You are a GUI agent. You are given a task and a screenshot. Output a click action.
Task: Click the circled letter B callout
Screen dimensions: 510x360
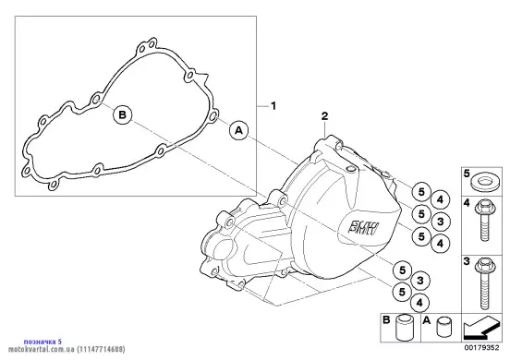click(x=123, y=114)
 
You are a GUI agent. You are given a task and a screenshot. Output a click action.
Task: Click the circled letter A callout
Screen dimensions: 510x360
click(x=238, y=130)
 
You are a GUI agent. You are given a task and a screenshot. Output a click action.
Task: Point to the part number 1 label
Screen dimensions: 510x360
click(x=273, y=106)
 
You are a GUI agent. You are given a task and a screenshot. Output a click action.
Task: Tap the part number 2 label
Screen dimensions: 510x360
click(x=324, y=116)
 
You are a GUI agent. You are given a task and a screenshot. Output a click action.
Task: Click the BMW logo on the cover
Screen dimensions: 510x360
click(x=363, y=227)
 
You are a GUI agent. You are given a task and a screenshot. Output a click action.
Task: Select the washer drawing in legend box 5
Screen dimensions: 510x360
click(x=484, y=181)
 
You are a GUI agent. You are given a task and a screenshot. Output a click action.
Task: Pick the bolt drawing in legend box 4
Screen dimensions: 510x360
click(x=484, y=221)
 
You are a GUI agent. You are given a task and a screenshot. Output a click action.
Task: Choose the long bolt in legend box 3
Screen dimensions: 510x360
click(x=484, y=283)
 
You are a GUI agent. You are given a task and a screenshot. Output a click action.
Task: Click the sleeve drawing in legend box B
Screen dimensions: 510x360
click(x=404, y=328)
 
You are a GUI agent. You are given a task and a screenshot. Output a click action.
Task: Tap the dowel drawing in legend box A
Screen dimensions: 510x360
click(x=443, y=327)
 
